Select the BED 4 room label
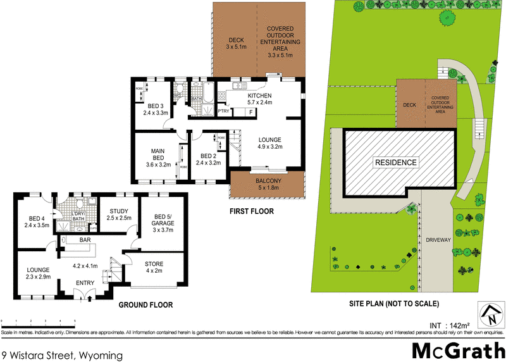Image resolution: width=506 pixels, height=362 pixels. pos(36,221)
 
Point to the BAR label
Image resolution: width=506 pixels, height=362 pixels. pos(85,240)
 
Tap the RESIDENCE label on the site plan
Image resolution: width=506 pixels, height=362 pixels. pos(397,163)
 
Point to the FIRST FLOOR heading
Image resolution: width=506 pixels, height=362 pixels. pos(252,211)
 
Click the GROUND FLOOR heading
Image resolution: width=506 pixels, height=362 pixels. pos(145,304)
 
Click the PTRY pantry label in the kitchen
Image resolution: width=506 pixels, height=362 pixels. pos(223,111)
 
